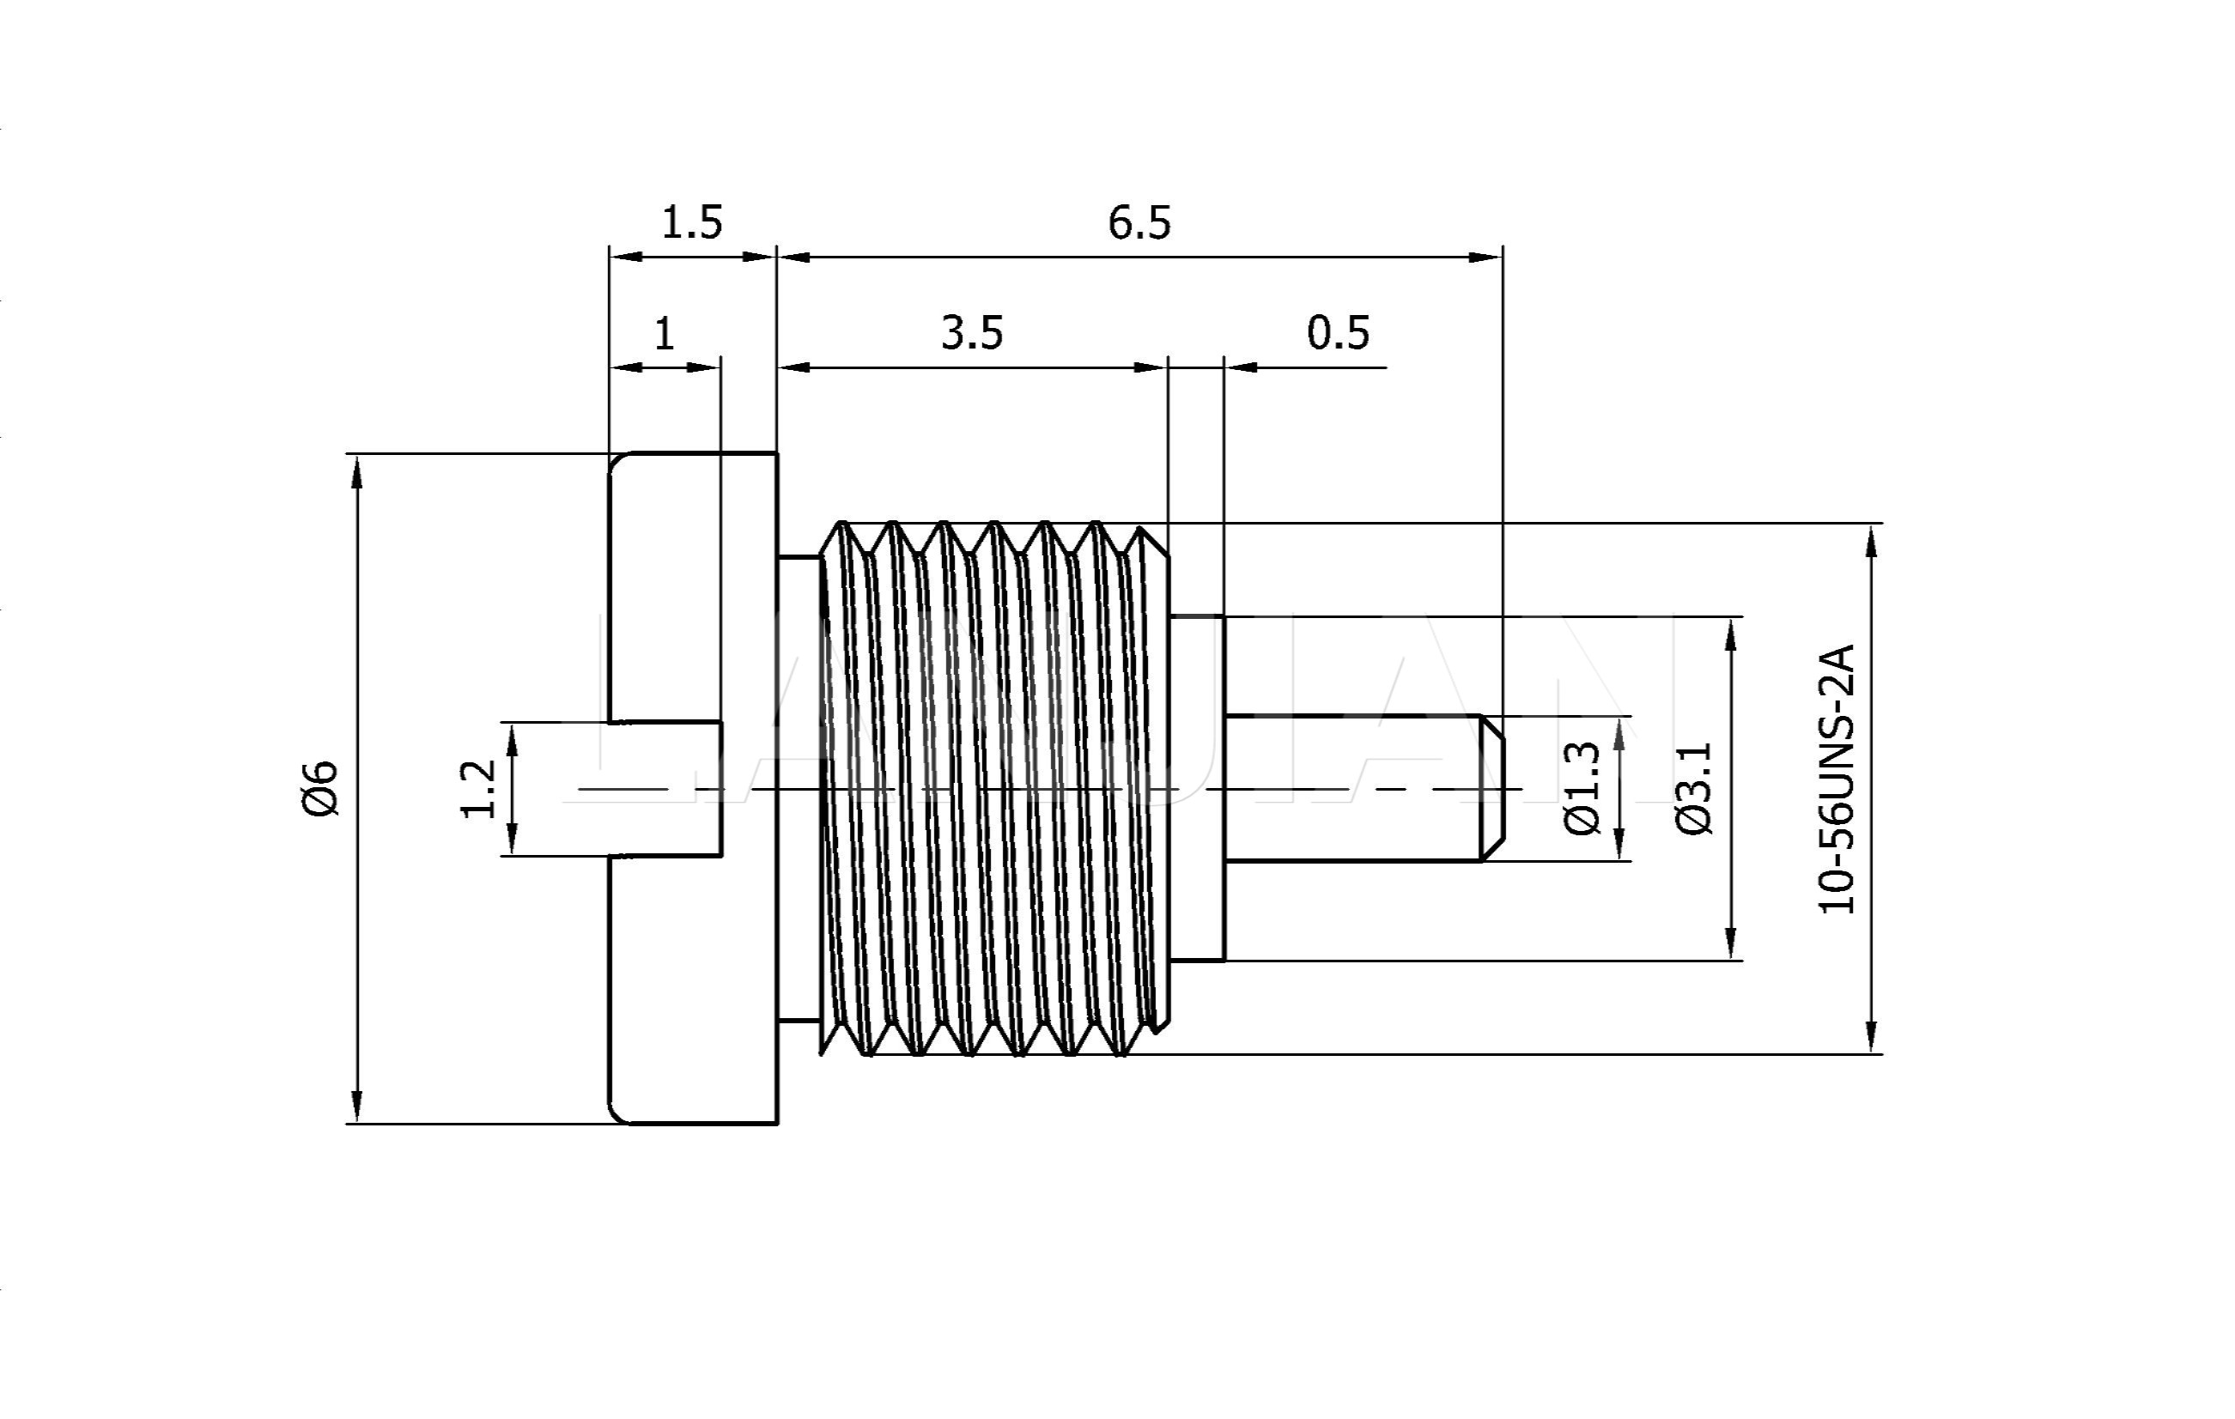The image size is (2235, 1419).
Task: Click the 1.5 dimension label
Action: pos(691,222)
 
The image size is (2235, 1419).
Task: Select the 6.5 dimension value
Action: pos(1139,222)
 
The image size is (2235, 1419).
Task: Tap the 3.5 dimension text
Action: pos(972,333)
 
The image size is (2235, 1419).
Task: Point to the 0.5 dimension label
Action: pos(1338,333)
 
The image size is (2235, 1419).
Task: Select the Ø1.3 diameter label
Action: pos(1582,789)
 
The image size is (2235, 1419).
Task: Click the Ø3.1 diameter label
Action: pos(1695,789)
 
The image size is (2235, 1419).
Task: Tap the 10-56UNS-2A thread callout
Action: pos(1836,779)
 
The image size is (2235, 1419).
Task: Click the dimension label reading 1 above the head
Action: pos(664,333)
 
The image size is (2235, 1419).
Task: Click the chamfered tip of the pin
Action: pos(1492,789)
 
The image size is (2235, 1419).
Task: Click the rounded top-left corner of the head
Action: pos(617,462)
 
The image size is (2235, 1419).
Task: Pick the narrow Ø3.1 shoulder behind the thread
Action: pos(1197,789)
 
